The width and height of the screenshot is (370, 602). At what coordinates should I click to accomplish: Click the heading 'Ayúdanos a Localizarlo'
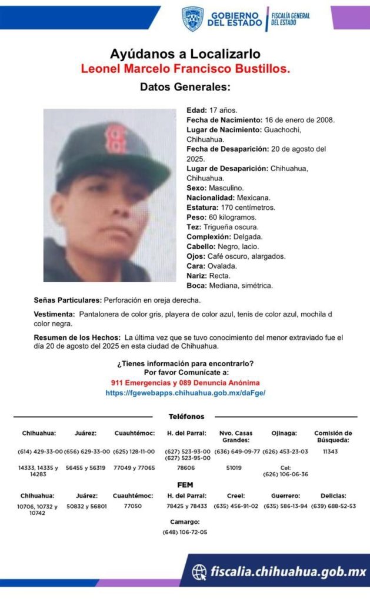pos(185,55)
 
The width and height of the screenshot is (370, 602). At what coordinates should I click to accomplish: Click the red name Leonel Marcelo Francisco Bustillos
pos(185,69)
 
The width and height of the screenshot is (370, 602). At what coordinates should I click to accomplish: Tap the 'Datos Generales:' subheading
pos(185,87)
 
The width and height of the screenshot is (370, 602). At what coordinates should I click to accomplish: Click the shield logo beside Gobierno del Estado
pos(192,19)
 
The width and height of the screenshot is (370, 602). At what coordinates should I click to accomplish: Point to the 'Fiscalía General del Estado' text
pos(290,19)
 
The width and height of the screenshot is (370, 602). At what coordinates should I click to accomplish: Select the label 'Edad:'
pos(196,110)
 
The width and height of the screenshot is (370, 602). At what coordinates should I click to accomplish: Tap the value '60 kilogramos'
pos(231,218)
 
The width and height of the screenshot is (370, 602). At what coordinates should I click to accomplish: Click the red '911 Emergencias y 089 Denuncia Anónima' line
pos(185,383)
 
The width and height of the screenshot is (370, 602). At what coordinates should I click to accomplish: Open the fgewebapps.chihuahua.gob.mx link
pos(185,393)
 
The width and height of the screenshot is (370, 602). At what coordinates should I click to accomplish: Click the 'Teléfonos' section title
pos(186,416)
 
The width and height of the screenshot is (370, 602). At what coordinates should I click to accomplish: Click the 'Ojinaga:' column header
pos(284,433)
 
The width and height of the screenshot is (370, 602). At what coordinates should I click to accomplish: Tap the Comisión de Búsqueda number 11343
pos(332,451)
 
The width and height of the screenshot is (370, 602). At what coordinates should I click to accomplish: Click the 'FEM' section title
pos(185,485)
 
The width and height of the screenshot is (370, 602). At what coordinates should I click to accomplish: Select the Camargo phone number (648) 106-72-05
pos(185,532)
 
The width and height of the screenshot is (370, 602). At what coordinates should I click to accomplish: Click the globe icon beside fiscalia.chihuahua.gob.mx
pos(200,571)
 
